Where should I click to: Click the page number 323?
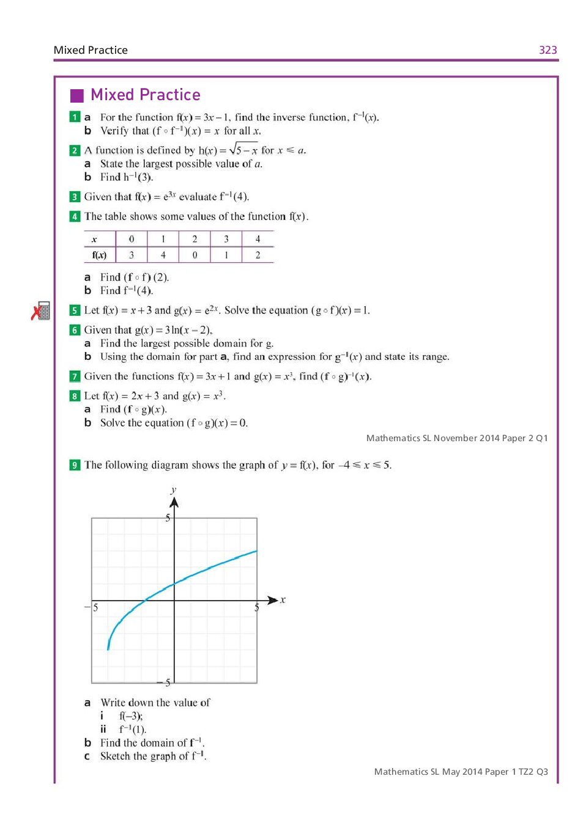pos(547,50)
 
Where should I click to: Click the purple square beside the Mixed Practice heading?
pos(77,95)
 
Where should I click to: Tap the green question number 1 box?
pos(75,117)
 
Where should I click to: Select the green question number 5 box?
pos(75,310)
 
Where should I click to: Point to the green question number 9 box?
pos(75,465)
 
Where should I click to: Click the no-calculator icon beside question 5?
pos(41,311)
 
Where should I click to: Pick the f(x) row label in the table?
pos(99,255)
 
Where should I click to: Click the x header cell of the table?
pos(94,239)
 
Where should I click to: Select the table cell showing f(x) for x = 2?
pos(195,255)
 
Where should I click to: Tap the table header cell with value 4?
pos(258,239)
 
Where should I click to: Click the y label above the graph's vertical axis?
pos(174,489)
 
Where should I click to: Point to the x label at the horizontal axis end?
pos(283,599)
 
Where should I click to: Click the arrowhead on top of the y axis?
pos(174,502)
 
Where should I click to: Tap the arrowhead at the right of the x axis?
pos(273,601)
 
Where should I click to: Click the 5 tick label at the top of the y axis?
pos(168,518)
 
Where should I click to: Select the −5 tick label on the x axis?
pos(92,607)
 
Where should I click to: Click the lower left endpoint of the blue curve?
pos(108,649)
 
